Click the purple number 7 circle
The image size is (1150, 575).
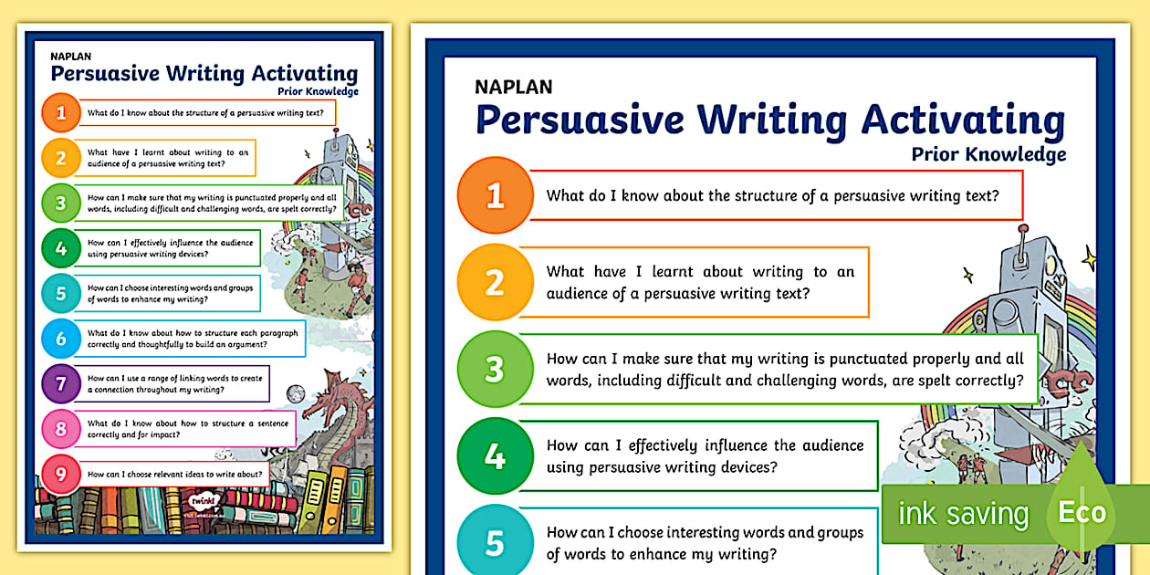pyautogui.click(x=61, y=383)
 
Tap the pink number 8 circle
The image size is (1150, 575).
pyautogui.click(x=61, y=428)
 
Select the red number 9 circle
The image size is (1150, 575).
pyautogui.click(x=61, y=474)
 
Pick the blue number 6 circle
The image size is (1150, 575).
pyautogui.click(x=61, y=339)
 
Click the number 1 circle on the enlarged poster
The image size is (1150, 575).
pyautogui.click(x=495, y=195)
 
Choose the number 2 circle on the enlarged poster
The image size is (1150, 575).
pyautogui.click(x=495, y=282)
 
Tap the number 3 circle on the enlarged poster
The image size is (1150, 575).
pyautogui.click(x=495, y=369)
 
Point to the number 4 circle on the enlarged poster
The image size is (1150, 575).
pyautogui.click(x=495, y=455)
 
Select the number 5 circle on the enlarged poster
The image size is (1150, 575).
pyautogui.click(x=495, y=542)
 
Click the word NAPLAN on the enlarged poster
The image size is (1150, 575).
pyautogui.click(x=513, y=88)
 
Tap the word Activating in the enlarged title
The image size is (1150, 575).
pyautogui.click(x=964, y=120)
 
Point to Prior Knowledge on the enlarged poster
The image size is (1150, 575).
pyautogui.click(x=988, y=154)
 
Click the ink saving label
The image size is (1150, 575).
pyautogui.click(x=963, y=514)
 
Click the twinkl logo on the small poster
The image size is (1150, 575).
pyautogui.click(x=203, y=499)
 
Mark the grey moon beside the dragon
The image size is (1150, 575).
pyautogui.click(x=295, y=393)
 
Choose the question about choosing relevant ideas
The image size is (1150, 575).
pyautogui.click(x=175, y=475)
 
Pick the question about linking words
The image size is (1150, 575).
pyautogui.click(x=175, y=383)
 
